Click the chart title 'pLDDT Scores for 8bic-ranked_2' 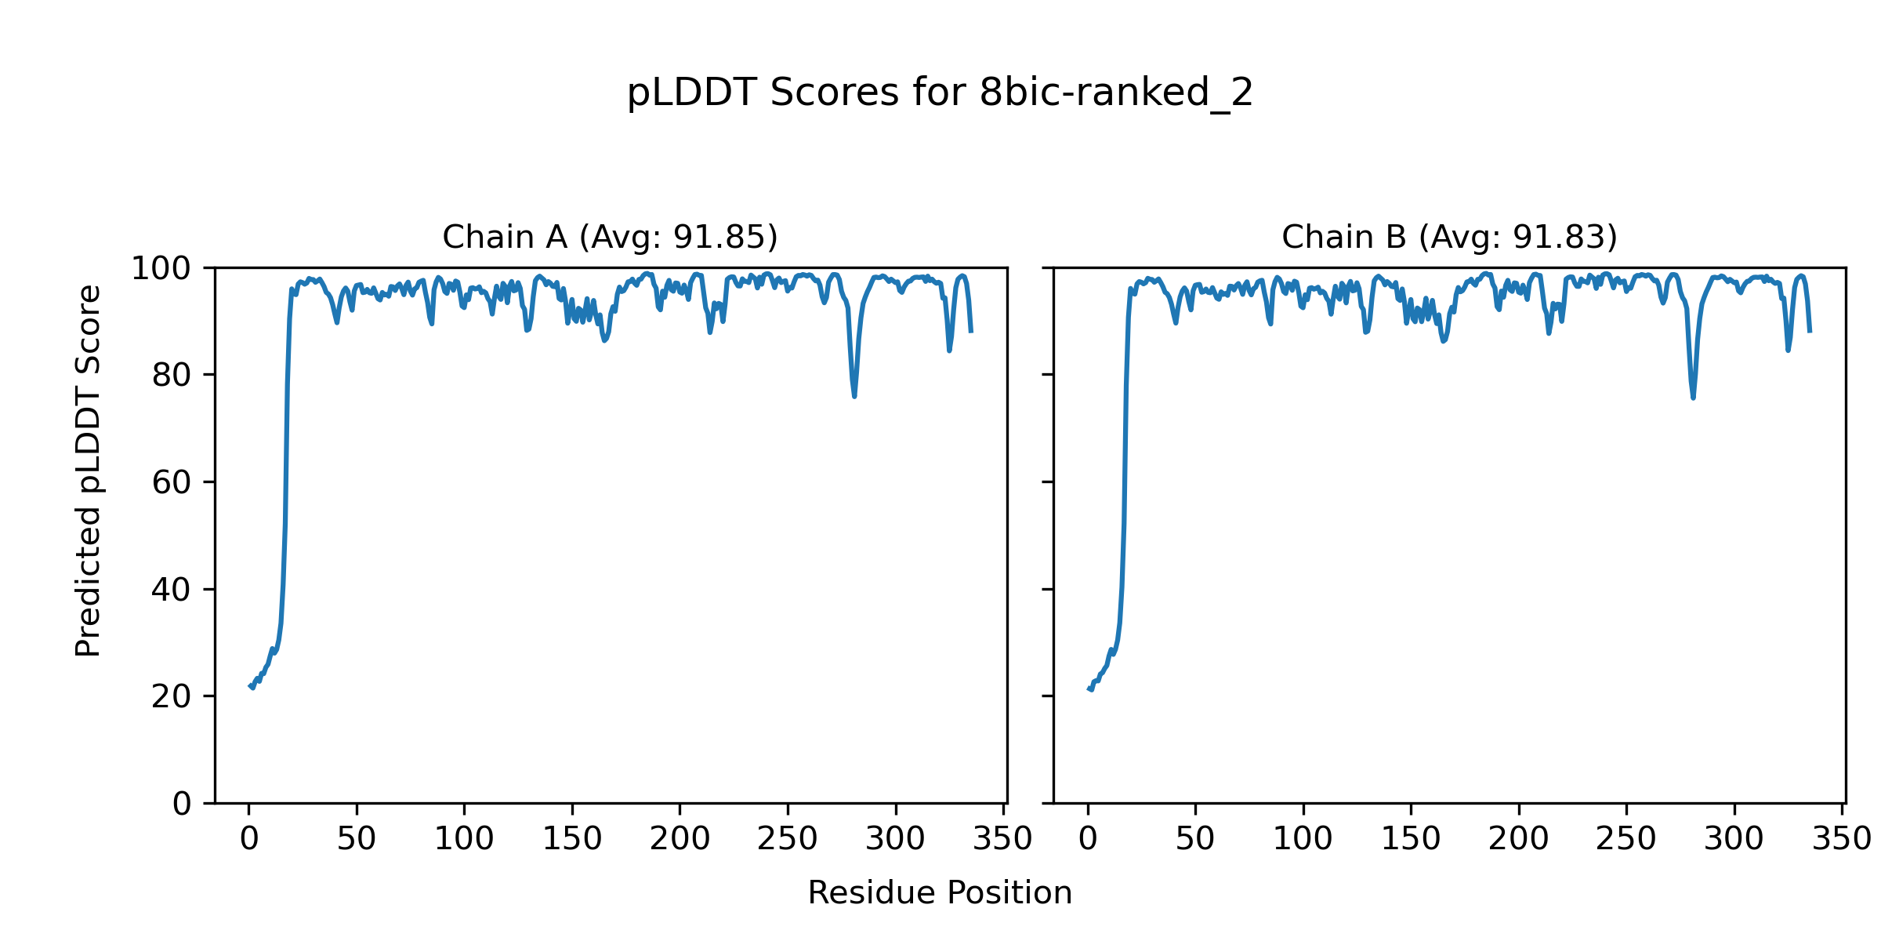click(x=940, y=93)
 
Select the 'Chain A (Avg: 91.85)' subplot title click(x=610, y=237)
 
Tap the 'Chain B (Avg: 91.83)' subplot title click(x=1449, y=237)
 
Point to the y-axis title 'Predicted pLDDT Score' click(x=89, y=470)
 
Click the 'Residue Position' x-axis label click(x=940, y=893)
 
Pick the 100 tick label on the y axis click(x=161, y=269)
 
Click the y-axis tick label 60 click(x=172, y=483)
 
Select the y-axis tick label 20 click(x=172, y=696)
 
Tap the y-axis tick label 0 click(x=182, y=804)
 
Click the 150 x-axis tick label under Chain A click(x=572, y=839)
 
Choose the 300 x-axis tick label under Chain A click(x=896, y=839)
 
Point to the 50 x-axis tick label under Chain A click(x=357, y=839)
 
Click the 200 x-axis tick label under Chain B click(x=1519, y=839)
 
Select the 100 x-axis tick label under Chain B click(x=1303, y=839)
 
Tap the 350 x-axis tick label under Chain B click(x=1842, y=839)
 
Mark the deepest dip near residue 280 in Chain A click(x=854, y=396)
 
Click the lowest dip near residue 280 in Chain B click(x=1693, y=398)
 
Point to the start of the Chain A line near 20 click(x=250, y=686)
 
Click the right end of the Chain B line click(x=1810, y=331)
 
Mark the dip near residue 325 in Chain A click(x=949, y=350)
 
